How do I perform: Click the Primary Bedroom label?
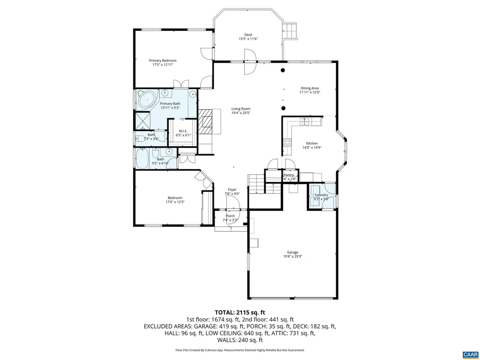[163, 60]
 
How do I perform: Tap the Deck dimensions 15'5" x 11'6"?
[248, 39]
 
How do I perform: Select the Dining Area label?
[309, 88]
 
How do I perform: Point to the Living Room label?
[240, 109]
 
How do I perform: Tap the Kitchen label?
[312, 143]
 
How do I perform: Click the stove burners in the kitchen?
[286, 143]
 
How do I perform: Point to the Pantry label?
[289, 175]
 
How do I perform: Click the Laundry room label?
[322, 195]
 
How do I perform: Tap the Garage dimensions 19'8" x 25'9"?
[292, 256]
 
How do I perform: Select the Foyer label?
[232, 189]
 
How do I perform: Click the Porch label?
[230, 216]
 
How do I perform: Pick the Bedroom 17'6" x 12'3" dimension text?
[175, 202]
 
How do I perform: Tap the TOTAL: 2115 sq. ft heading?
[240, 312]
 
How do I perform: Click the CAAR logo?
[469, 353]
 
